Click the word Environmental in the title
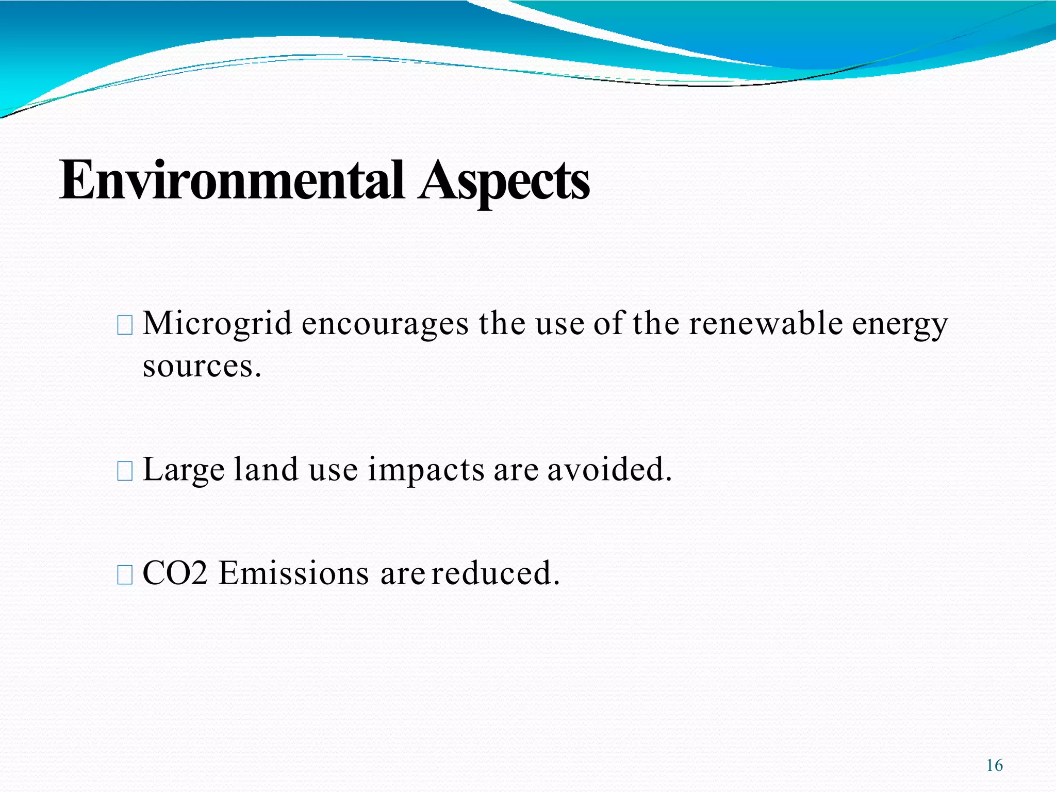231,180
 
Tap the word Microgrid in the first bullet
217,325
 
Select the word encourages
385,325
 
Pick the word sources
201,367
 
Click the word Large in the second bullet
184,471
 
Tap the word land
266,470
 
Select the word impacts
426,471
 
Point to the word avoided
609,470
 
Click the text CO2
175,573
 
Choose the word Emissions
293,573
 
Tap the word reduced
495,573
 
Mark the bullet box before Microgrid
125,326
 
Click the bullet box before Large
125,471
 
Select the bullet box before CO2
125,574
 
